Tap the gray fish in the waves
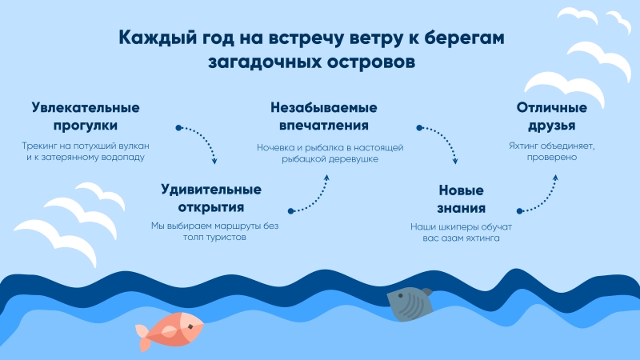point(410,304)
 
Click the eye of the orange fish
point(190,326)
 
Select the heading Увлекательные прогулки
point(86,116)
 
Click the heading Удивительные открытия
point(211,198)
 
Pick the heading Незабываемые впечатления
point(324,116)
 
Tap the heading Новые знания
point(462,199)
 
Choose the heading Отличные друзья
point(552,116)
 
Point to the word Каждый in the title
point(159,38)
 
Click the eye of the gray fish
point(402,295)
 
